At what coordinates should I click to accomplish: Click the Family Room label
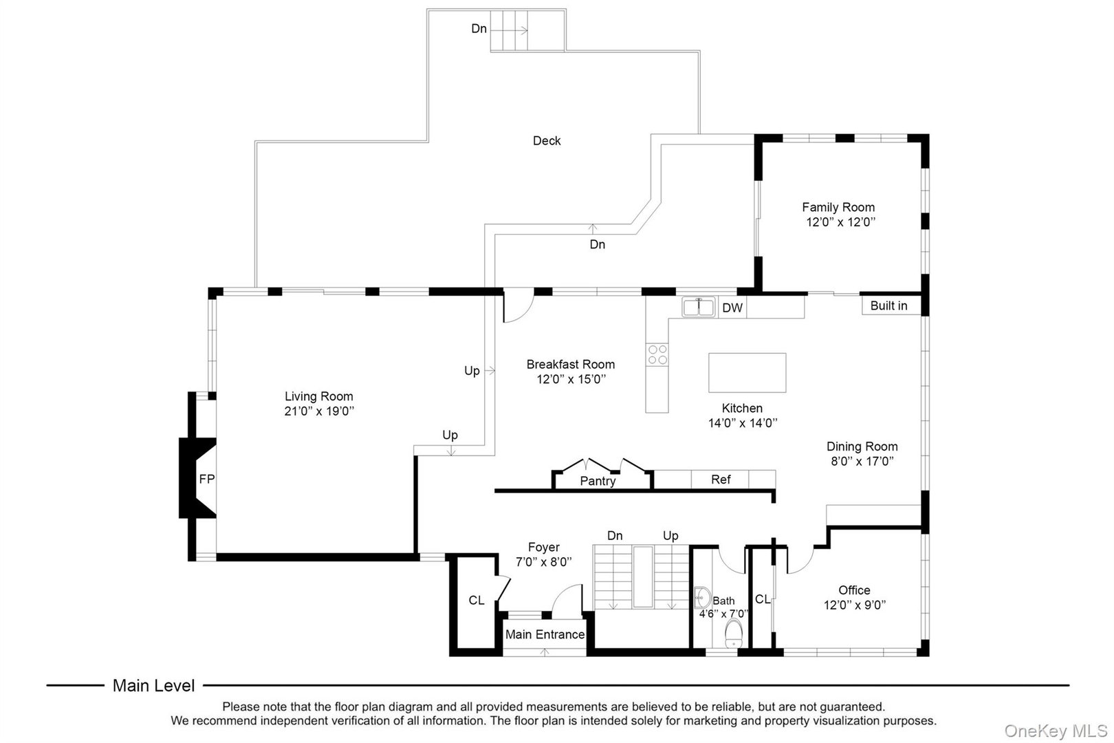point(838,207)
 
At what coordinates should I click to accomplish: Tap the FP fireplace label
point(206,480)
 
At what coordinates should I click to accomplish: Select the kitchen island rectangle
point(747,372)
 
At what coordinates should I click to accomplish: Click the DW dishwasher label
point(732,308)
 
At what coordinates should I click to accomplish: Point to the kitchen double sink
point(699,307)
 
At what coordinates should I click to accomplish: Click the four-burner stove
point(657,354)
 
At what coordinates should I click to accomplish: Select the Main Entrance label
point(545,634)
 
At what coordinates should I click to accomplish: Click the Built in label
point(888,305)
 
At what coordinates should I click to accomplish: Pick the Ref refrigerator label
point(721,480)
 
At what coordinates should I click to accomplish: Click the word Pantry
point(598,481)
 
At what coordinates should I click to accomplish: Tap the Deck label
point(547,141)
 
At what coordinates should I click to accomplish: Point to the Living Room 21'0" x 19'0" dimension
point(319,411)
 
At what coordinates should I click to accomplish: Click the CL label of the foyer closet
point(477,601)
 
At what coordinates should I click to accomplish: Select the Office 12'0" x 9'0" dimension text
point(854,605)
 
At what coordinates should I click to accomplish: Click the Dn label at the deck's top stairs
point(479,29)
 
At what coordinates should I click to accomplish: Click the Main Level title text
point(153,685)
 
